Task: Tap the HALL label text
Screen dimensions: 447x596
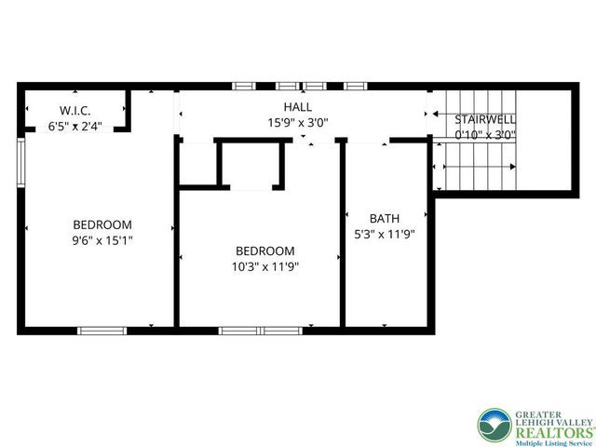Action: (298, 107)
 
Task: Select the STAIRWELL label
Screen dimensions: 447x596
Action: (484, 120)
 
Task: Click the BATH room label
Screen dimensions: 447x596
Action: (385, 220)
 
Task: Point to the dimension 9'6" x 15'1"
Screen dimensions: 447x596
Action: (102, 239)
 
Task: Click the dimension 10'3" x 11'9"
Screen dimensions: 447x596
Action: (265, 266)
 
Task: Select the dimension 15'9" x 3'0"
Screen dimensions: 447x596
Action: (298, 122)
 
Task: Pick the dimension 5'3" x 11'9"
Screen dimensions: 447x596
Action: (385, 235)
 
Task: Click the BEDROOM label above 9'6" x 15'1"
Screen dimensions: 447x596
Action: (102, 224)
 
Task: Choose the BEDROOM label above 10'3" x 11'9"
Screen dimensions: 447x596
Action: (265, 251)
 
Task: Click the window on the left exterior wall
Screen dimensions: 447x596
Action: (20, 166)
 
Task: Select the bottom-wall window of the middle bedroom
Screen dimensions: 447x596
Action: (254, 330)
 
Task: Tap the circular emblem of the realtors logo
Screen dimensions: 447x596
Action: (494, 426)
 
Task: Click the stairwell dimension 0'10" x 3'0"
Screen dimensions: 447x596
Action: (484, 135)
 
